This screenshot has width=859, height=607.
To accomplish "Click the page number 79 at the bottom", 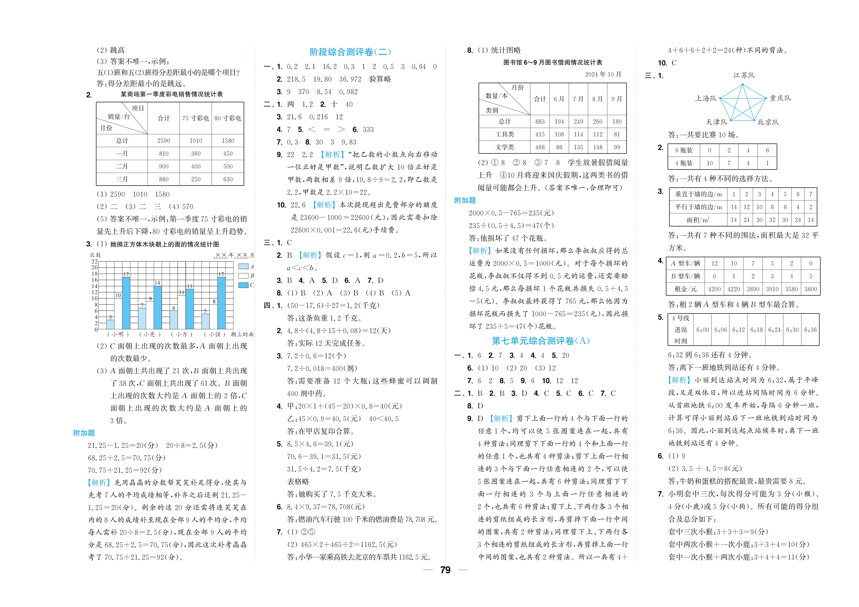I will point(445,570).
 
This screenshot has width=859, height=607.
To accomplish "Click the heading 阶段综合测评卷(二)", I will point(350,52).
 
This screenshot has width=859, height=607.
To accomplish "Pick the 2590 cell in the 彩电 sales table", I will point(164,141).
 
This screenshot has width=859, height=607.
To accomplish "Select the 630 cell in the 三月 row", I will point(228,179).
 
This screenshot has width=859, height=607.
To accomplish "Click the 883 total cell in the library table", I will point(540,122).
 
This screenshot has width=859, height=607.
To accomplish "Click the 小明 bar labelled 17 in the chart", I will point(126,303).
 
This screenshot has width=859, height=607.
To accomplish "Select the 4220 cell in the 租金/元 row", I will point(734,289).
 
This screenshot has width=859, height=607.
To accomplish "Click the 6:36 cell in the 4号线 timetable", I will point(810,330).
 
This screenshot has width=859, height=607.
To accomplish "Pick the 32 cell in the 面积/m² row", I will point(772,220).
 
